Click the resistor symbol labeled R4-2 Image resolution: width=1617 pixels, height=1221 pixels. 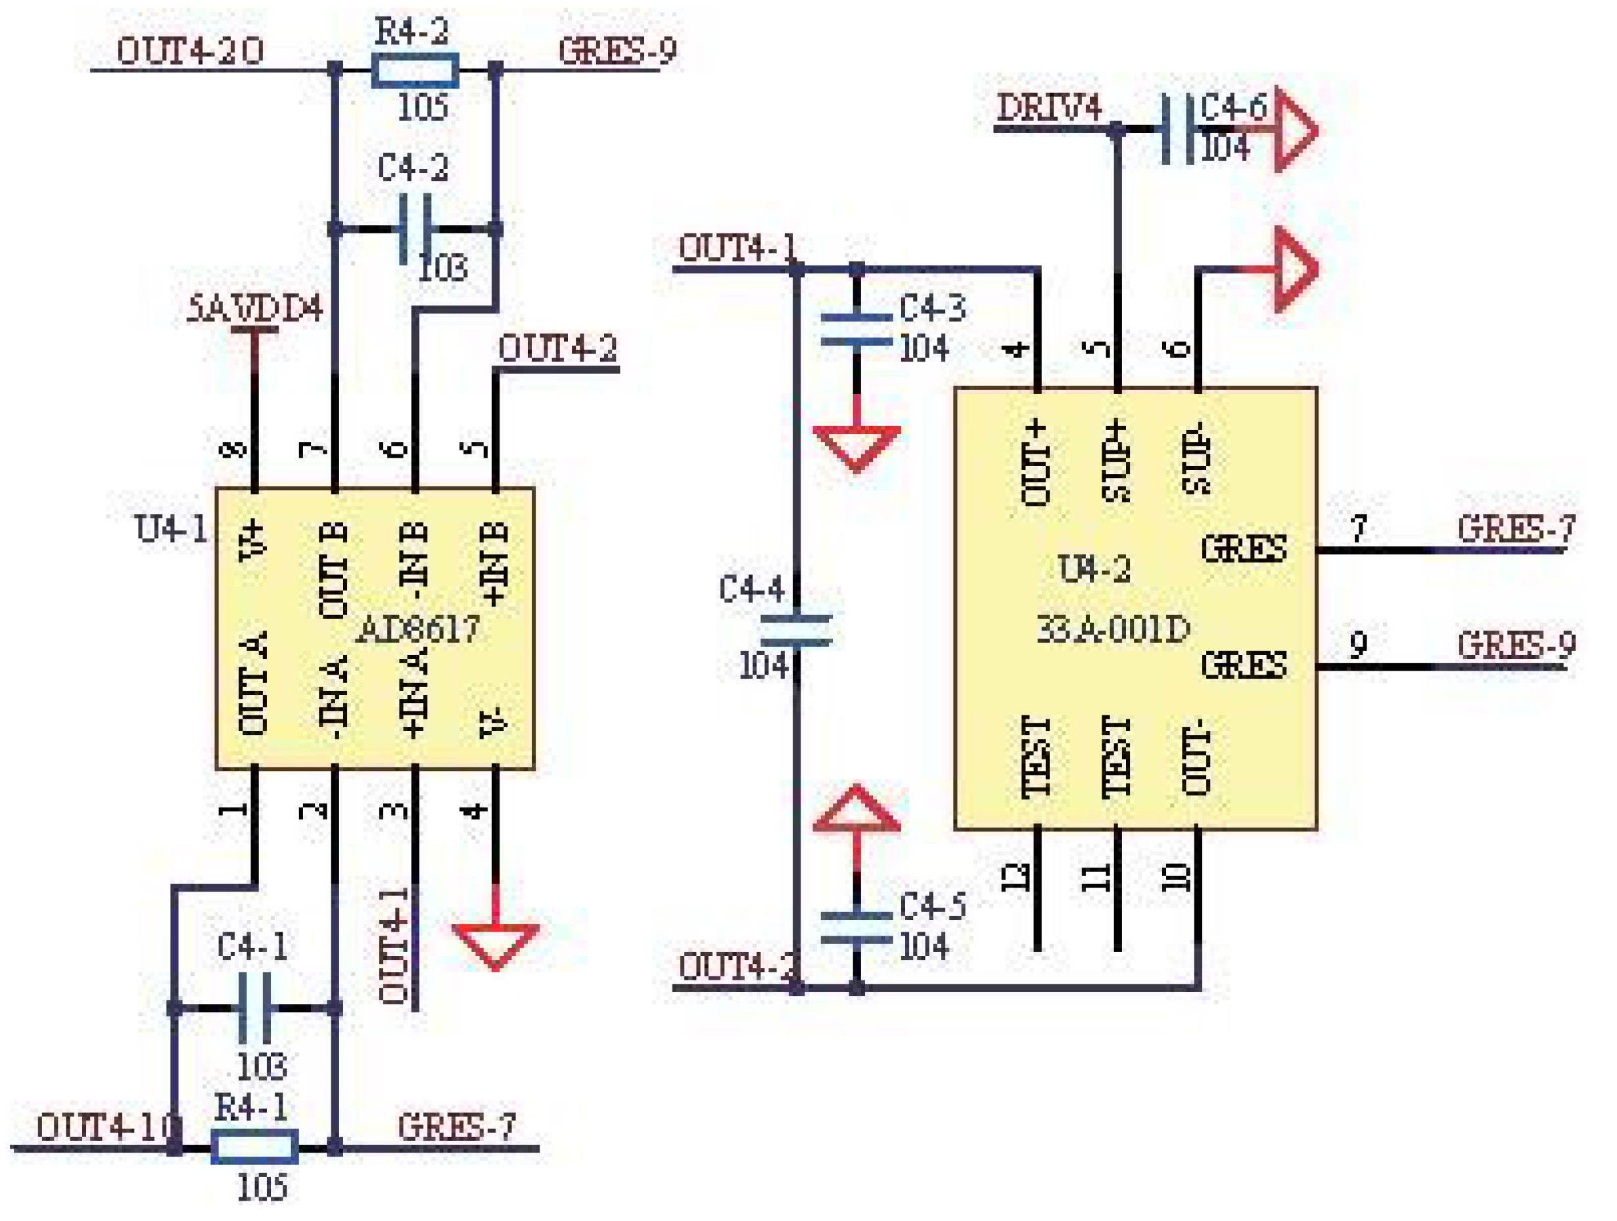[415, 71]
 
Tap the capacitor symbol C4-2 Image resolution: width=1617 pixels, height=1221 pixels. [415, 229]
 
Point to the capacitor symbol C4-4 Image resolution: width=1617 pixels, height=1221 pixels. [796, 631]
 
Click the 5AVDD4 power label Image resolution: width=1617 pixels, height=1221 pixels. [254, 309]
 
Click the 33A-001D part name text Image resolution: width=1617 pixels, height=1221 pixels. [1113, 629]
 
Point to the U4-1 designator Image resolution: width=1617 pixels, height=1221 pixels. [171, 529]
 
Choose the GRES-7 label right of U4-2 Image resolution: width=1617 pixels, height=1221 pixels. [1515, 529]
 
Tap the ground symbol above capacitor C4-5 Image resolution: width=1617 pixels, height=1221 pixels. [856, 810]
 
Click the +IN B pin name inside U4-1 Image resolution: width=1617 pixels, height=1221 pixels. [494, 563]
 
